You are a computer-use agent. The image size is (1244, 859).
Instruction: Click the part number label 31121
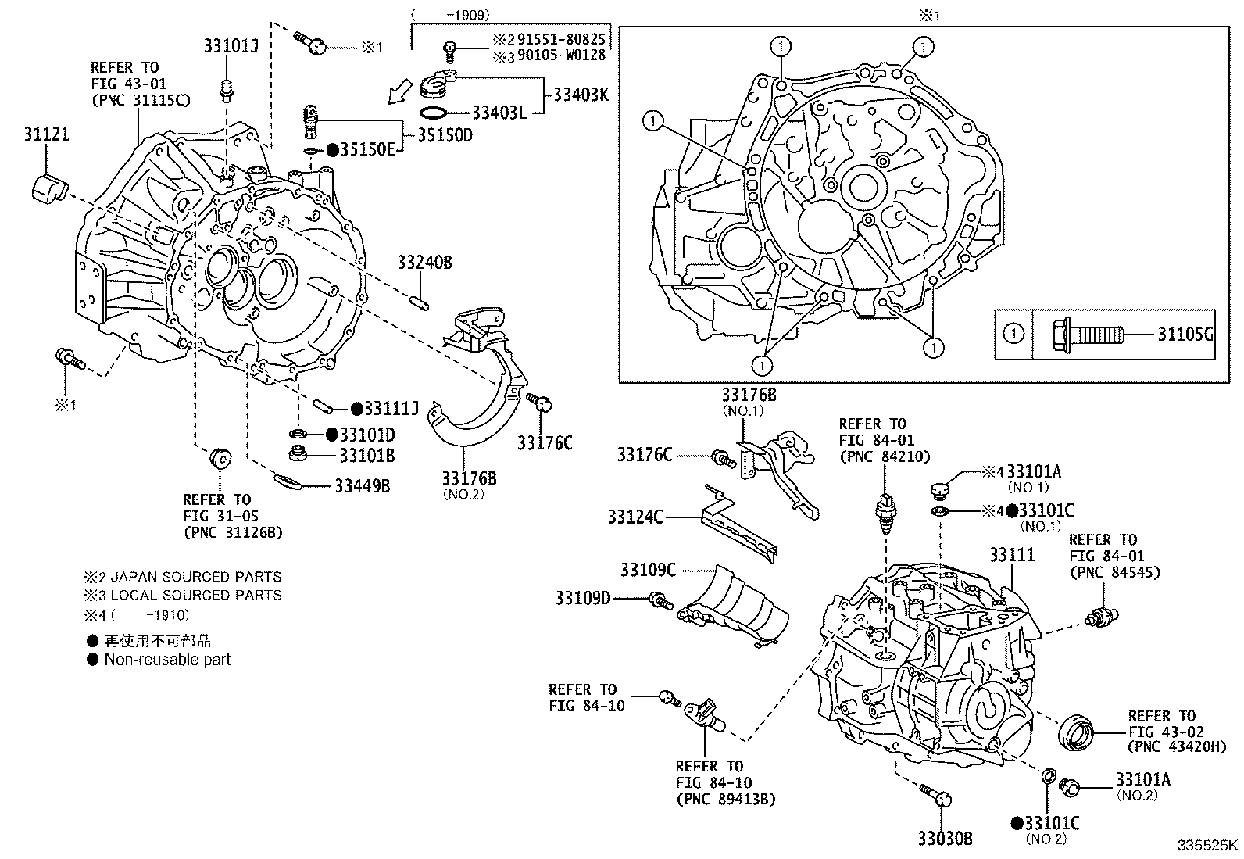pyautogui.click(x=45, y=134)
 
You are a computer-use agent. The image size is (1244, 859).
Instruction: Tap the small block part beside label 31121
pyautogui.click(x=50, y=190)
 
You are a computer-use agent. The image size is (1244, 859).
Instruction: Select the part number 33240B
pyautogui.click(x=424, y=263)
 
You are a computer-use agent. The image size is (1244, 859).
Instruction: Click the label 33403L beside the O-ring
pyautogui.click(x=500, y=113)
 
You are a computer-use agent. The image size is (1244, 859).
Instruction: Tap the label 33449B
pyautogui.click(x=362, y=486)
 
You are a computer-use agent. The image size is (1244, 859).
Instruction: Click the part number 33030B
pyautogui.click(x=945, y=839)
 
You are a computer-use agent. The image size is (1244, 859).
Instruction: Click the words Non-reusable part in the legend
pyautogui.click(x=168, y=659)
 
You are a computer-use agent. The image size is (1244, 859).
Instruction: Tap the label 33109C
pyautogui.click(x=648, y=570)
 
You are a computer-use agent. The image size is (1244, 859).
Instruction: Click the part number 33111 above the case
pyautogui.click(x=1012, y=555)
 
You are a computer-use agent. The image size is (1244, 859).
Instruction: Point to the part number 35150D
pyautogui.click(x=445, y=135)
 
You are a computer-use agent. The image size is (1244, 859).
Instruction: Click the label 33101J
pyautogui.click(x=231, y=46)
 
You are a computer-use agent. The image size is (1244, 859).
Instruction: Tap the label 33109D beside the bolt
pyautogui.click(x=583, y=598)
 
